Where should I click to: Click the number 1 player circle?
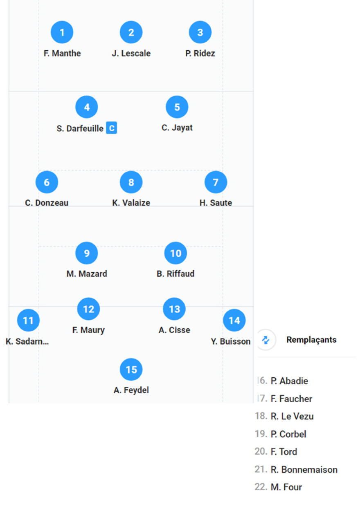(x=62, y=32)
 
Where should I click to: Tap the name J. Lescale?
(x=131, y=54)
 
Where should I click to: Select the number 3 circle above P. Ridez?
(x=200, y=32)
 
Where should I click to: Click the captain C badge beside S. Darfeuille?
(x=111, y=128)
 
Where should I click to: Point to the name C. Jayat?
(x=177, y=128)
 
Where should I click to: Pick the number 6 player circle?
(x=47, y=182)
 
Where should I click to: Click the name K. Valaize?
(x=131, y=203)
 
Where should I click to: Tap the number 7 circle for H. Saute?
(x=216, y=182)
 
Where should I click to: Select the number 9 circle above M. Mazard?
(x=87, y=253)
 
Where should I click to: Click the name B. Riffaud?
(x=175, y=274)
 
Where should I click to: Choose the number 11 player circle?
(x=28, y=320)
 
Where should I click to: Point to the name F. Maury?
(x=88, y=330)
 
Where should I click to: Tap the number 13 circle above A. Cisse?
(x=174, y=309)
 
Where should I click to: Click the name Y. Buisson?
(x=231, y=341)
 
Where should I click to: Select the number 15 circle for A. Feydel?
(x=131, y=370)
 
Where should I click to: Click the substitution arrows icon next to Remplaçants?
(x=265, y=340)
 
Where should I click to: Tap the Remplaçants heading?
(x=311, y=340)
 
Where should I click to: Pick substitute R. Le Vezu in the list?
(x=292, y=416)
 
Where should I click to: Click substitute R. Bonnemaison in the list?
(x=304, y=470)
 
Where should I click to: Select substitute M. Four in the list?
(x=286, y=487)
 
